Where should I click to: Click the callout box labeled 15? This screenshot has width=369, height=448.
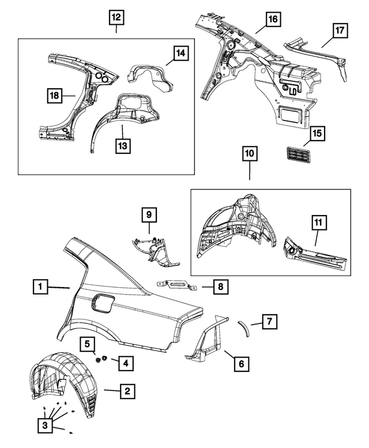tap(317, 134)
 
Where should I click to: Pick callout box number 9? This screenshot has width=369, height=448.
tap(148, 215)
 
